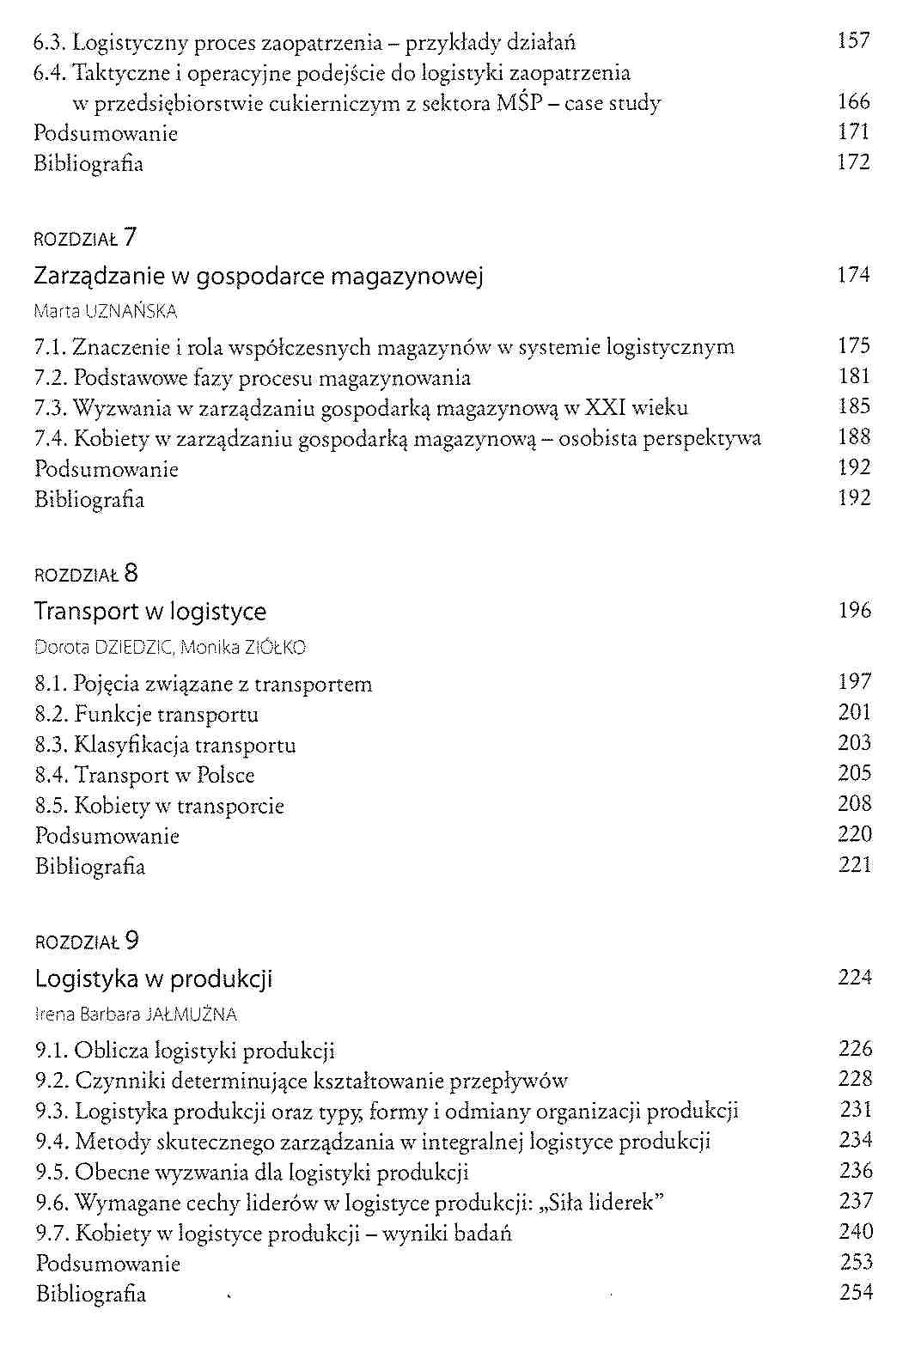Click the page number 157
[x=853, y=41]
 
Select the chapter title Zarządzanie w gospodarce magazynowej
[x=259, y=277]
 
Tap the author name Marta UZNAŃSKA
[x=106, y=311]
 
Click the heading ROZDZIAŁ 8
[x=86, y=574]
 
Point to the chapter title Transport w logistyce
[x=150, y=612]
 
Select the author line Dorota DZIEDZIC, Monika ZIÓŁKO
[x=170, y=647]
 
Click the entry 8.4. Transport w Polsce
[x=145, y=776]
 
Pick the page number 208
[x=855, y=804]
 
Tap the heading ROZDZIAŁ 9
[x=87, y=942]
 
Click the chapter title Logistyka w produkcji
[x=154, y=979]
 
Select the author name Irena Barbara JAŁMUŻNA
[x=136, y=1015]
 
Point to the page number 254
[x=856, y=1292]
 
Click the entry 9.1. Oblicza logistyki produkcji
[x=185, y=1051]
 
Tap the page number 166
[x=853, y=102]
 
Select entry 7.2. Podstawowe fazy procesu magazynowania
[x=253, y=378]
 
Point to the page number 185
[x=854, y=406]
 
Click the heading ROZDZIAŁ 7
[x=85, y=238]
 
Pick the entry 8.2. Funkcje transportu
[x=147, y=715]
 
